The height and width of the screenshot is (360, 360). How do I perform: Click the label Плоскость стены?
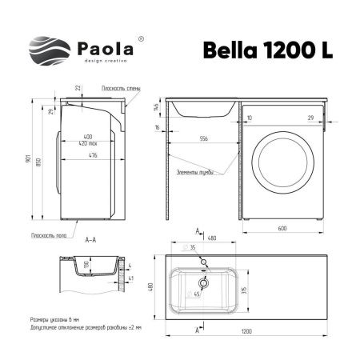[121, 89]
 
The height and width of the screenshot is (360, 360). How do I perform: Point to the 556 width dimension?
[204, 140]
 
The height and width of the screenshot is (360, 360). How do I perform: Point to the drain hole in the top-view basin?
[205, 281]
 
